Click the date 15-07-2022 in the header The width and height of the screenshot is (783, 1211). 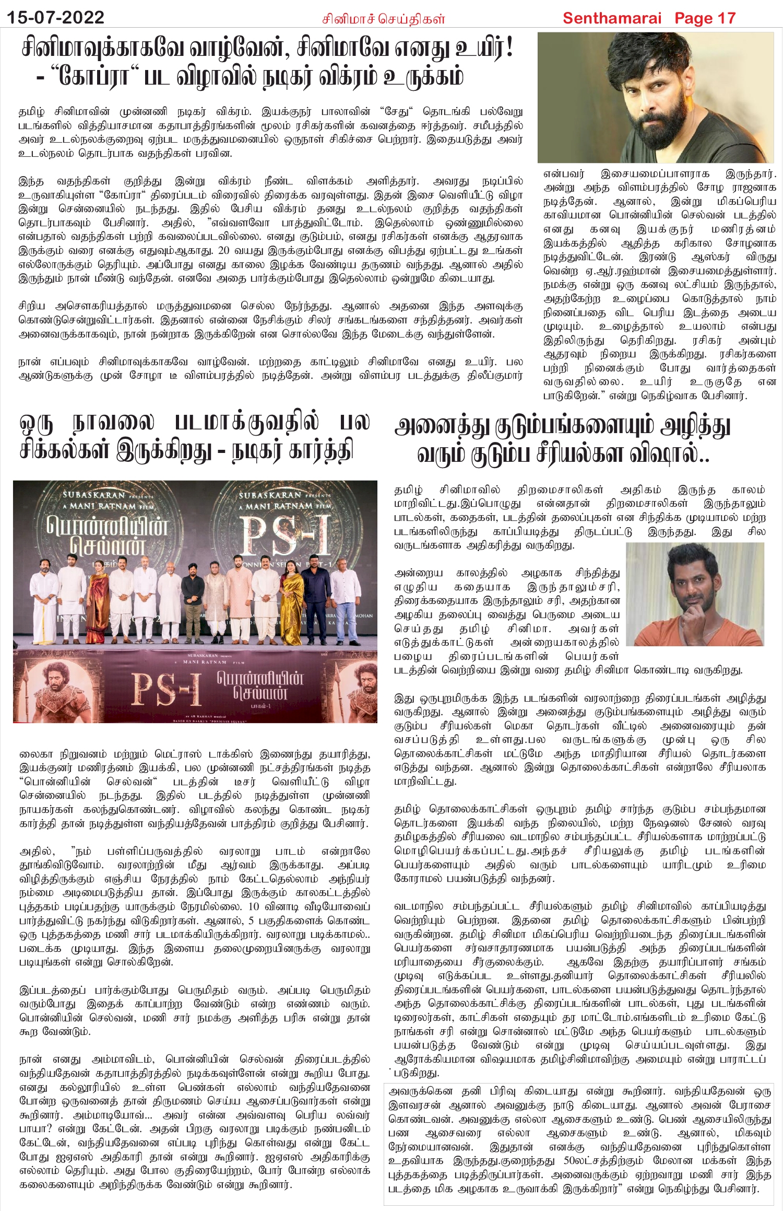[55, 18]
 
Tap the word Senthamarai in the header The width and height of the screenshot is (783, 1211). [612, 18]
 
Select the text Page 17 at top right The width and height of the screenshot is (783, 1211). [705, 18]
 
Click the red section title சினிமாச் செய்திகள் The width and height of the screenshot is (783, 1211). [383, 19]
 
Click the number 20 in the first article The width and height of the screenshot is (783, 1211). [224, 250]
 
